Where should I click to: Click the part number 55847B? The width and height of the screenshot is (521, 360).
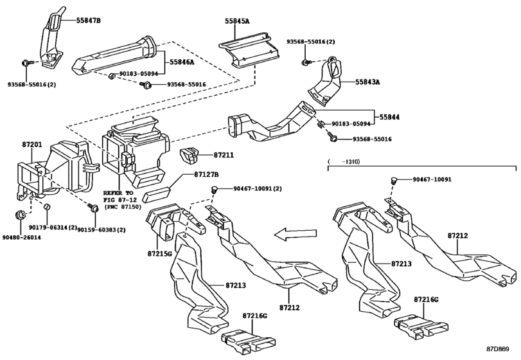88,21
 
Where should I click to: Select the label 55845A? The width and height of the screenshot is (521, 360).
237,21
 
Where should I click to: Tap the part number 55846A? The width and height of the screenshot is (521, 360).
182,62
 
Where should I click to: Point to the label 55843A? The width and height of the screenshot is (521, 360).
367,82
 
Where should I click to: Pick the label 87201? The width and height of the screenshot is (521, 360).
32,144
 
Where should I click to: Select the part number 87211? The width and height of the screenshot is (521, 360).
224,155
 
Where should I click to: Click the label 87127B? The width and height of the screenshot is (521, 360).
206,174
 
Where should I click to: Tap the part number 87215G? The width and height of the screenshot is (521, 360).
159,254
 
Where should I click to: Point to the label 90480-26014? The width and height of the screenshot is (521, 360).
21,238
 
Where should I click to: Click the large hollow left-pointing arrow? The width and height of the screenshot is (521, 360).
295,234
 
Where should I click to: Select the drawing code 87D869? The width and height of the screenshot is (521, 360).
497,349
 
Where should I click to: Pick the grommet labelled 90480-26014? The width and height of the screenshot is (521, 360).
21,215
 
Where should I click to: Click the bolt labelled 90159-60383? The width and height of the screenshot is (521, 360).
93,208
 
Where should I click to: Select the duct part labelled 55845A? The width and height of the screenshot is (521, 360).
249,51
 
